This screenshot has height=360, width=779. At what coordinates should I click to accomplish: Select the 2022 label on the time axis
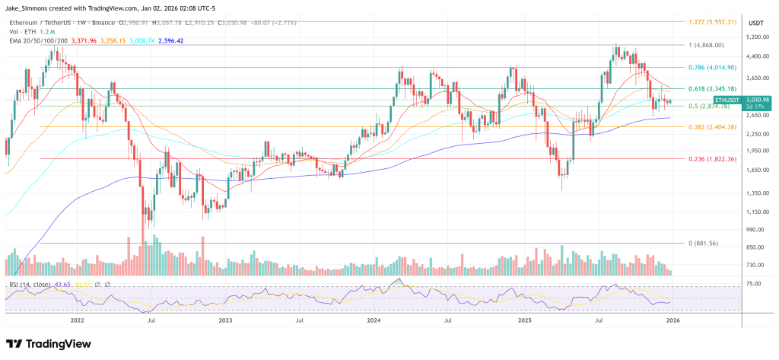(77, 321)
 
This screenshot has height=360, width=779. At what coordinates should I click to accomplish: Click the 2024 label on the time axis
(374, 321)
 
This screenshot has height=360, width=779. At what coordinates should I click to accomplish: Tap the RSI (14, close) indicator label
(31, 285)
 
